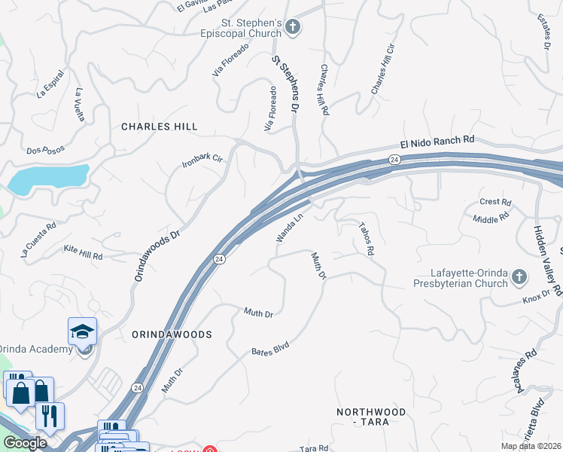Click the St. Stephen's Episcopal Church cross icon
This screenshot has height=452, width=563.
click(293, 29)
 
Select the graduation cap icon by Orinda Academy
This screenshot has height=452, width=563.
click(83, 331)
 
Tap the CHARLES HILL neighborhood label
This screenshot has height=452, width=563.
click(159, 127)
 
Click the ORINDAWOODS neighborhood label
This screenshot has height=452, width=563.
click(172, 334)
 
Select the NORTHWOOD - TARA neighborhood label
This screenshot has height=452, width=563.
click(371, 417)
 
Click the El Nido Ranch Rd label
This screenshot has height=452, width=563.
click(437, 140)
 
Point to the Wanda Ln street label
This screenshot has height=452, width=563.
click(289, 227)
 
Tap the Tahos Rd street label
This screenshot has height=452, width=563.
click(366, 239)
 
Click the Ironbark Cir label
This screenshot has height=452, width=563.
click(203, 160)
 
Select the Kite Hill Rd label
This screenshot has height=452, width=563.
click(83, 252)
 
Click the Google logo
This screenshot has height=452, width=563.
click(25, 443)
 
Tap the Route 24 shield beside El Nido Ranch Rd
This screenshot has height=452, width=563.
click(394, 160)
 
